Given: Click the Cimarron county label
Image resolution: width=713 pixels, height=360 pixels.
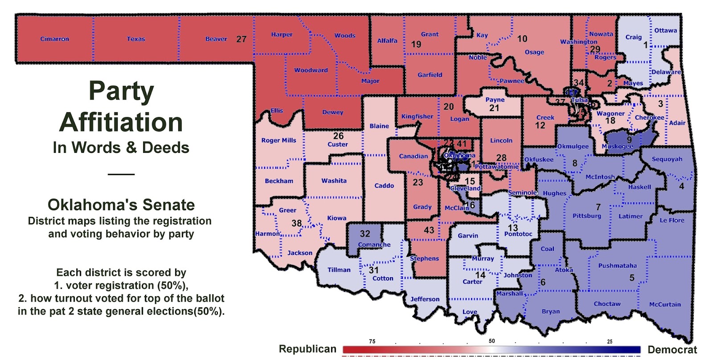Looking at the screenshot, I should (x=54, y=39).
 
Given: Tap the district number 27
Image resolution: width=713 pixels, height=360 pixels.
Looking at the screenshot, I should (x=241, y=39).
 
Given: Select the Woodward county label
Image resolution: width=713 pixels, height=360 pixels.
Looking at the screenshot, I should (x=311, y=70).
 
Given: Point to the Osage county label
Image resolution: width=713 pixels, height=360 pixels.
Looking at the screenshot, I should (x=534, y=52).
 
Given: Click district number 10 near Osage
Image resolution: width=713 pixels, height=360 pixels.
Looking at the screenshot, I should (x=522, y=39).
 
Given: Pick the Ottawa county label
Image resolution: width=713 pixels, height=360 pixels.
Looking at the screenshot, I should (x=665, y=30).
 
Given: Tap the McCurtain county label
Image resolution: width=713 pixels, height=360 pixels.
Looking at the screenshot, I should (x=664, y=304).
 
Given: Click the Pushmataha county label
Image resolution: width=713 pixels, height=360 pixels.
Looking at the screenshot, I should (x=617, y=266).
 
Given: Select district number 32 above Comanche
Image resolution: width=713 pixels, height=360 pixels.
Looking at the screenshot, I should (x=365, y=234).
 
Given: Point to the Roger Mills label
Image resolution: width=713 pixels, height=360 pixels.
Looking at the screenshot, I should (x=279, y=140).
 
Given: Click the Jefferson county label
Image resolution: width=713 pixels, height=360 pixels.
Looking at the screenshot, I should (x=425, y=299).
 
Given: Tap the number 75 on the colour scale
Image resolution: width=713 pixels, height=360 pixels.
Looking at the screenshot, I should (x=372, y=341).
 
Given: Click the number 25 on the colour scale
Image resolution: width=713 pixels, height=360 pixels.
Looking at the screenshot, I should (x=610, y=341).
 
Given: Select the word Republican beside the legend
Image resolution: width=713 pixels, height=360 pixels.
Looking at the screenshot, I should (x=307, y=349).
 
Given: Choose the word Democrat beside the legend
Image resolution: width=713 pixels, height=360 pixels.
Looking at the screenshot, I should (x=672, y=350).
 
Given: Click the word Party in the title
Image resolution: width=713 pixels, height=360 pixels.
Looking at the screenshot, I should (x=121, y=91).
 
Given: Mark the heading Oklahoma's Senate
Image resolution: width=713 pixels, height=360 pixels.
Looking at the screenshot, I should (x=121, y=205).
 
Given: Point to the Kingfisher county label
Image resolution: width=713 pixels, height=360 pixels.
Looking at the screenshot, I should (x=417, y=117).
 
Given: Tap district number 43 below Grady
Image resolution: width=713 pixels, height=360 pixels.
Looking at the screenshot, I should (x=429, y=230).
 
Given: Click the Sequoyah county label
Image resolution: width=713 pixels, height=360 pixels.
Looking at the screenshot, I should (x=667, y=159).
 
